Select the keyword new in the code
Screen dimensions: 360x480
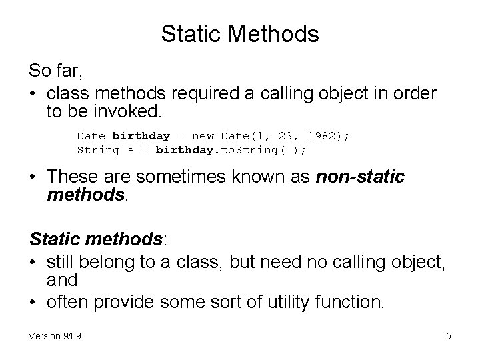pyautogui.click(x=203, y=135)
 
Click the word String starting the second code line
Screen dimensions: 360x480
pyautogui.click(x=98, y=150)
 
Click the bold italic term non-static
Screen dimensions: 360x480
pyautogui.click(x=360, y=177)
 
